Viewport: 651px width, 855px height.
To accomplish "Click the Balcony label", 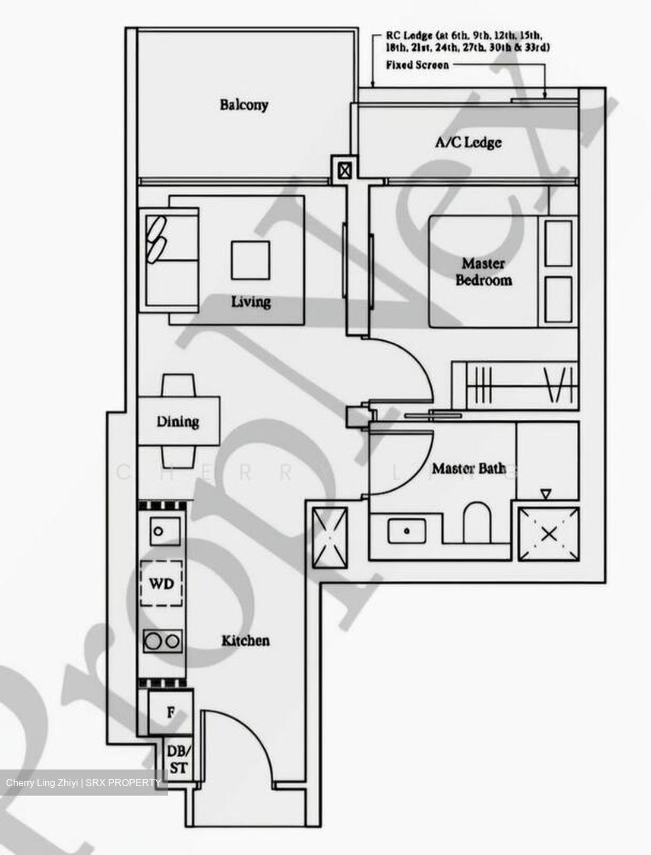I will pos(244,105).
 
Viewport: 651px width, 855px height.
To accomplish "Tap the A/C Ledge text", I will pos(468,142).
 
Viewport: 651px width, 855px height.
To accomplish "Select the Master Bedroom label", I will pos(483,272).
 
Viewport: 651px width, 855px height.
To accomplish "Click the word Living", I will pos(251,302).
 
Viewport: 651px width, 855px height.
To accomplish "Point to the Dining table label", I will pos(178,422).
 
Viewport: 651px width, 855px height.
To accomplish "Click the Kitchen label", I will pos(245,641).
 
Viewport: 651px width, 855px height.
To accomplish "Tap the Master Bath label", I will pos(469,468).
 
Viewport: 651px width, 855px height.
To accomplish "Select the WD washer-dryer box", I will pos(162,584).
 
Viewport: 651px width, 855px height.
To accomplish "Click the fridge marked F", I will pos(170,712).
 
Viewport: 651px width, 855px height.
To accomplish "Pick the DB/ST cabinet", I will pos(177,759).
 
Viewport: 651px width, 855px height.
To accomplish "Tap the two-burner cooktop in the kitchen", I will pos(162,641).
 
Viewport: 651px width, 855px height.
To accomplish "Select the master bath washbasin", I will pos(406,530).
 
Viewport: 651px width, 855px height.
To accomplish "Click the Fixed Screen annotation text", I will pos(417,65).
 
